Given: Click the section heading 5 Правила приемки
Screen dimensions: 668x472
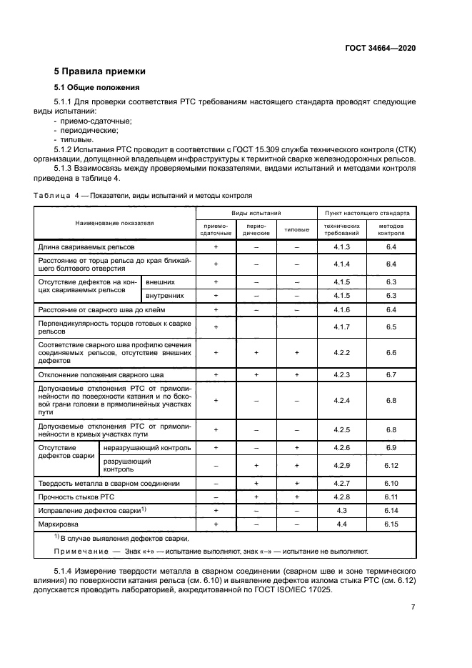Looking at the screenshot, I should [x=100, y=71].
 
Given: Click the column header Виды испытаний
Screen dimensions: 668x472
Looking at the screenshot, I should [x=256, y=213].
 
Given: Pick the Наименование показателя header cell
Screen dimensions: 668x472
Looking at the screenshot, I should [x=115, y=223].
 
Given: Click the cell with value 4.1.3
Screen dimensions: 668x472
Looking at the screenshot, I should [x=342, y=246].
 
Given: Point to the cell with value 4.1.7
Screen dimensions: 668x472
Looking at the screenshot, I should [x=342, y=326].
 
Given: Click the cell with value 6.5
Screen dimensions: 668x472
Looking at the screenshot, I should [x=391, y=326].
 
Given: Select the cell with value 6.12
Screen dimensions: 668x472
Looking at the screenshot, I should [x=391, y=466].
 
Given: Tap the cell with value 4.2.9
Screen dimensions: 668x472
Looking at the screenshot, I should [x=342, y=466].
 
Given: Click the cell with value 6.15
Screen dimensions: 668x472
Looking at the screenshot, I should [x=391, y=524].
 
